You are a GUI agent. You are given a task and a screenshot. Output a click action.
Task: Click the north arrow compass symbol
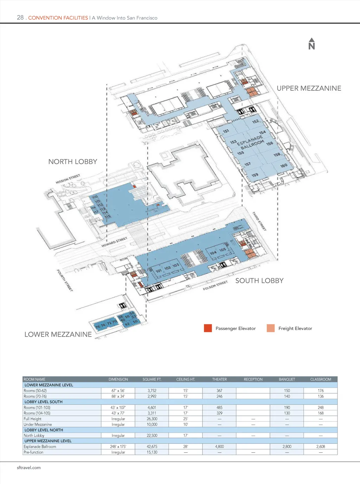click(x=311, y=44)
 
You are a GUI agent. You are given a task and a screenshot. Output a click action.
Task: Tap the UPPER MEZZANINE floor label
click(x=309, y=88)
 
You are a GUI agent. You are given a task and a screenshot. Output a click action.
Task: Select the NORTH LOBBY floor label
click(x=72, y=162)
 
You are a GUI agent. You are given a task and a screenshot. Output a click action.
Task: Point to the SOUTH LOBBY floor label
click(x=259, y=281)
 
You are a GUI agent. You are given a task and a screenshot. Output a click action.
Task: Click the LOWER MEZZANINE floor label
click(x=58, y=335)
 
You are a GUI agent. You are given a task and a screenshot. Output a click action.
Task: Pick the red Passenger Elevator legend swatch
click(x=208, y=328)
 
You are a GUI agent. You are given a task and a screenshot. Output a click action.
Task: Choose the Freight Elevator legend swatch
click(x=271, y=328)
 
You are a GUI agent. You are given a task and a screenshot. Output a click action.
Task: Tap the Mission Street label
click(x=68, y=179)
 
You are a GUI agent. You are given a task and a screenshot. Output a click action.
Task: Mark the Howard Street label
click(x=114, y=242)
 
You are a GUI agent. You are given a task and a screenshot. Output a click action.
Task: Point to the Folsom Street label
click(x=215, y=286)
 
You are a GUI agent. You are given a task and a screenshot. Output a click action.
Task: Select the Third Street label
click(x=259, y=221)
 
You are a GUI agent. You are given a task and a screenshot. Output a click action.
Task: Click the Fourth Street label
click(x=65, y=280)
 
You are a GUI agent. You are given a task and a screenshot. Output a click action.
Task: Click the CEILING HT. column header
click(x=186, y=380)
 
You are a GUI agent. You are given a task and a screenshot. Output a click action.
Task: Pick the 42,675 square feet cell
click(x=152, y=447)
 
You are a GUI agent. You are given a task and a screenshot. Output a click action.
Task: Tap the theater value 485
click(x=219, y=408)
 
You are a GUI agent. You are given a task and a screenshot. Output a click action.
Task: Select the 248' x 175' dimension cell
click(x=118, y=447)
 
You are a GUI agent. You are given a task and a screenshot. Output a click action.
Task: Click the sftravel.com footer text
click(x=29, y=468)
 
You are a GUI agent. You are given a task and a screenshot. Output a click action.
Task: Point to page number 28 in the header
click(x=20, y=18)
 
